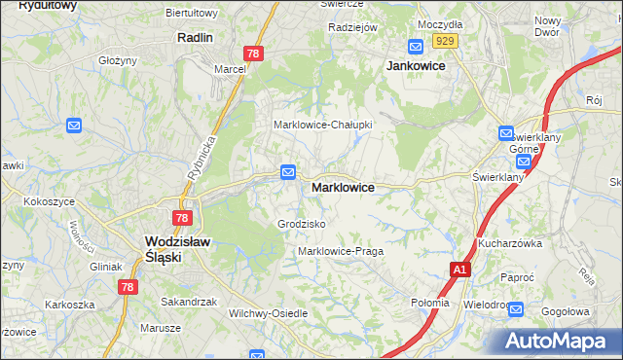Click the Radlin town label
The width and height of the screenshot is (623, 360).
[x=196, y=37]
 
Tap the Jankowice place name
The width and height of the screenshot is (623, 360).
[x=416, y=65]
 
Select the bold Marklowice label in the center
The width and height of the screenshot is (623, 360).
[x=343, y=187]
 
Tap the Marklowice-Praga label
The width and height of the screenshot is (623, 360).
[x=341, y=251]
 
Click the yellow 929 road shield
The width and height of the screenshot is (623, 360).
[x=446, y=40]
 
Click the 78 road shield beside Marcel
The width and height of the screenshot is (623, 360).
[x=253, y=54]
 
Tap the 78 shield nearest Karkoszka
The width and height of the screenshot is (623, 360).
[x=128, y=287]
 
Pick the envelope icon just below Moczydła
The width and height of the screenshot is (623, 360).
[x=416, y=46]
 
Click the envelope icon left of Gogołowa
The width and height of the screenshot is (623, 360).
[x=516, y=310]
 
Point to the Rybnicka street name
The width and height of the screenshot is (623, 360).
[x=200, y=158]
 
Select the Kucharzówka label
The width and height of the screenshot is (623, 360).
[x=509, y=243]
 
